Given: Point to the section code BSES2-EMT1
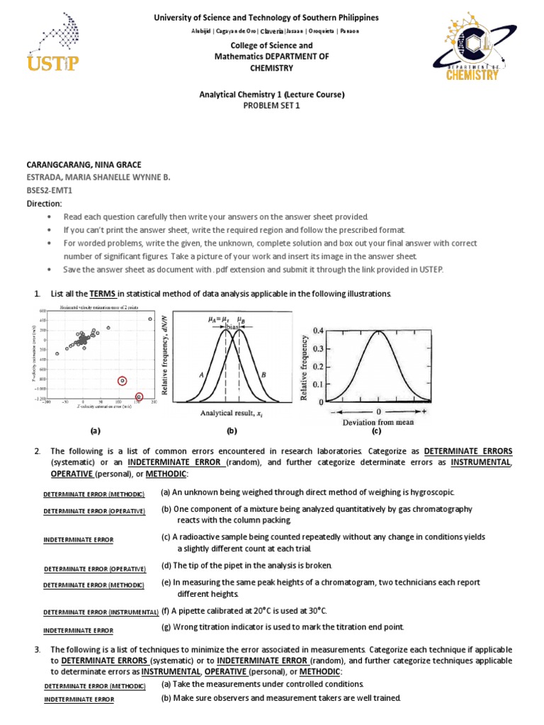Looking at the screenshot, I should [51, 190].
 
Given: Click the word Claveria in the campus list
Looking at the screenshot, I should [272, 31].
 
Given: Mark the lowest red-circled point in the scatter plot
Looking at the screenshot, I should [139, 396].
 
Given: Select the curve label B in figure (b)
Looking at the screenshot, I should [263, 374].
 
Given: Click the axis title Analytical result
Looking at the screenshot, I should [231, 413].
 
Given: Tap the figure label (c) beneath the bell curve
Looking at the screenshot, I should [377, 430].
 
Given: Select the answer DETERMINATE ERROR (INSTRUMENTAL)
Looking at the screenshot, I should [100, 612].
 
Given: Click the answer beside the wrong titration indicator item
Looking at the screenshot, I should [78, 630].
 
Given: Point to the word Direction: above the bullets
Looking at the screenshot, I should [44, 203].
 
